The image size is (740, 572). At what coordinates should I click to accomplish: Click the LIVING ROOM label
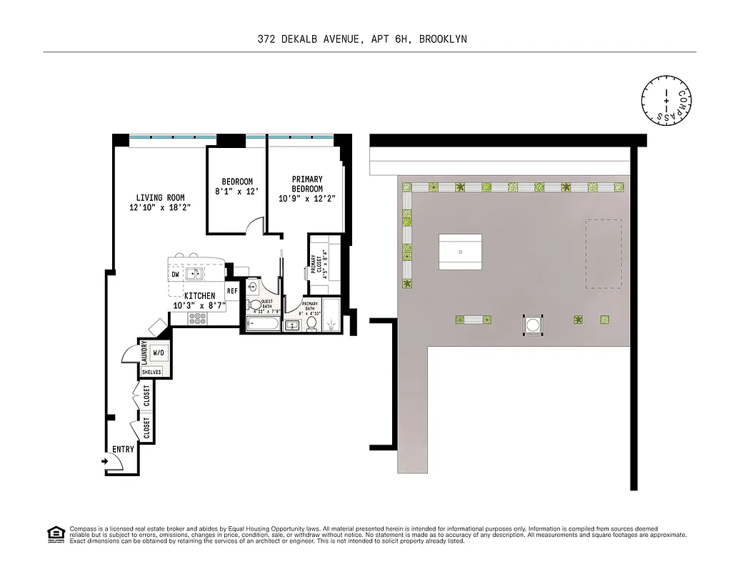click(x=160, y=198)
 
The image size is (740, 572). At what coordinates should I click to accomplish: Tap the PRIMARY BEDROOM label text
click(x=307, y=184)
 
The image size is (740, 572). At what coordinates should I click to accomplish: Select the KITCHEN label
click(x=199, y=295)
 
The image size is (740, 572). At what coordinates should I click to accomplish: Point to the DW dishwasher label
click(x=175, y=275)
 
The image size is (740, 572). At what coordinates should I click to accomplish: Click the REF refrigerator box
click(x=232, y=291)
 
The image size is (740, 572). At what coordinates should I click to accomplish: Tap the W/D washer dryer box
click(x=159, y=353)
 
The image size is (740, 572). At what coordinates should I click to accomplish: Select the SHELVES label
click(x=151, y=372)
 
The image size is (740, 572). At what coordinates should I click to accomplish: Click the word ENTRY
click(x=123, y=449)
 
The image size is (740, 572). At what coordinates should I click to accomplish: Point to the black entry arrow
click(x=105, y=462)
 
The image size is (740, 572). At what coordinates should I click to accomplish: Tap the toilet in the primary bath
click(x=311, y=323)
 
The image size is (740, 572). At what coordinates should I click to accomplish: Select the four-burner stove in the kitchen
click(x=198, y=318)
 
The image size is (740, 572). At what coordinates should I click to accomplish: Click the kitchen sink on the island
click(x=194, y=274)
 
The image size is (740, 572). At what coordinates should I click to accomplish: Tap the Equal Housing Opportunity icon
click(x=54, y=533)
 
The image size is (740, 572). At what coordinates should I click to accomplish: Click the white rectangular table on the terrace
click(x=459, y=252)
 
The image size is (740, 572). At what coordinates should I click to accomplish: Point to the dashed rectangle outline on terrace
click(x=603, y=254)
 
